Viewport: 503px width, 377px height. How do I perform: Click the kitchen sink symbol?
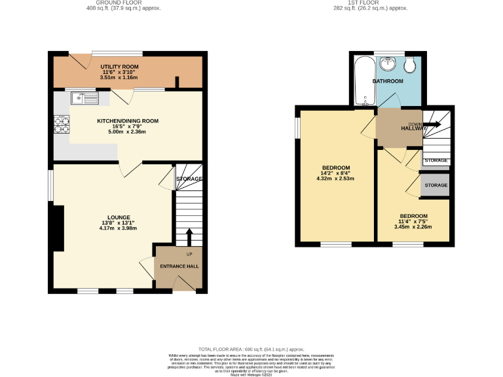pos(85,99)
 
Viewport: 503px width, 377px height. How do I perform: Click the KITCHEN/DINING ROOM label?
pos(128,121)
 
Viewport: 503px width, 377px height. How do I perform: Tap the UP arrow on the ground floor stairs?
pos(189,236)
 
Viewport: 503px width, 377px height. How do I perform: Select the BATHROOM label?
pos(388,81)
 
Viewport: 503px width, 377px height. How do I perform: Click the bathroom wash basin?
pos(388,63)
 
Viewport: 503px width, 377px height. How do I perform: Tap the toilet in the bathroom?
pos(410,65)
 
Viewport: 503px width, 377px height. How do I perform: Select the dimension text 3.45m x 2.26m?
pos(413,228)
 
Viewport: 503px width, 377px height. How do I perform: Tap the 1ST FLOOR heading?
pos(362,3)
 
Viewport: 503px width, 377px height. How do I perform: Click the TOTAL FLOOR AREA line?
pos(251,350)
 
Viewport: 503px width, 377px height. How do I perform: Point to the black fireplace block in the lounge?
pos(58,228)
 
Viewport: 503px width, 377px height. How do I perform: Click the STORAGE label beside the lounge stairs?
pos(188,179)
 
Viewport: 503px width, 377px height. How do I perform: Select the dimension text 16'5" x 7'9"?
pos(128,126)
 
